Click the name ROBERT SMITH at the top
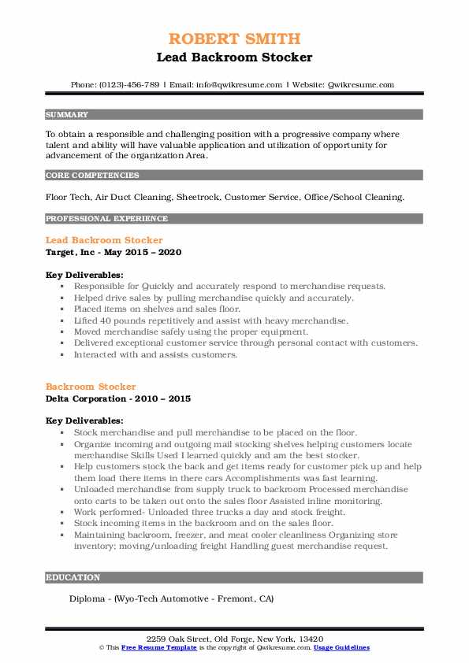pos(234,39)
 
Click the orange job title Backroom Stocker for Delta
pos(91,387)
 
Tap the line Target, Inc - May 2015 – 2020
pos(114,252)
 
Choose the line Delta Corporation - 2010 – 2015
pos(118,398)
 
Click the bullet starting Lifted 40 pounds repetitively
pos(210,320)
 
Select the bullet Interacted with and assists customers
pos(155,354)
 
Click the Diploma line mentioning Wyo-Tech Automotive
pos(171,598)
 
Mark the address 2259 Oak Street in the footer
pos(234,637)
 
